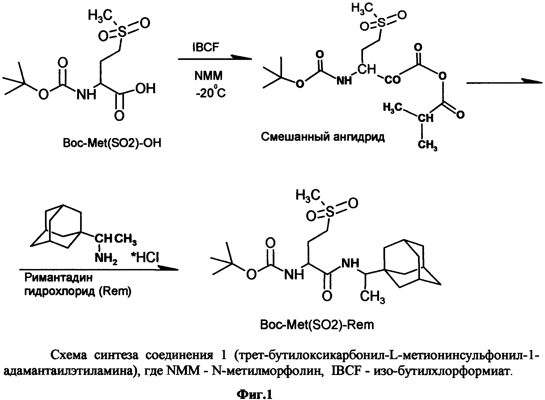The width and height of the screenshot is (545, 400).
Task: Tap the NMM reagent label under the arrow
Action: point(208,76)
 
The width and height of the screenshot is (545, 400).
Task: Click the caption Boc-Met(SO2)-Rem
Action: point(317,325)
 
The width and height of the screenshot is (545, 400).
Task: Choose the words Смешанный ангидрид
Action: point(323,137)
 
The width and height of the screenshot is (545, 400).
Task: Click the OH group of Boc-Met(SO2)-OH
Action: point(145,88)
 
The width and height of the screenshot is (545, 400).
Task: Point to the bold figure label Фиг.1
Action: point(255,394)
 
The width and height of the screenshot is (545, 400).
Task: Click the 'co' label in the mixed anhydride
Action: point(392,80)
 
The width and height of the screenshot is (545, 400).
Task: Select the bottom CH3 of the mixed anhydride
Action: point(427,145)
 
